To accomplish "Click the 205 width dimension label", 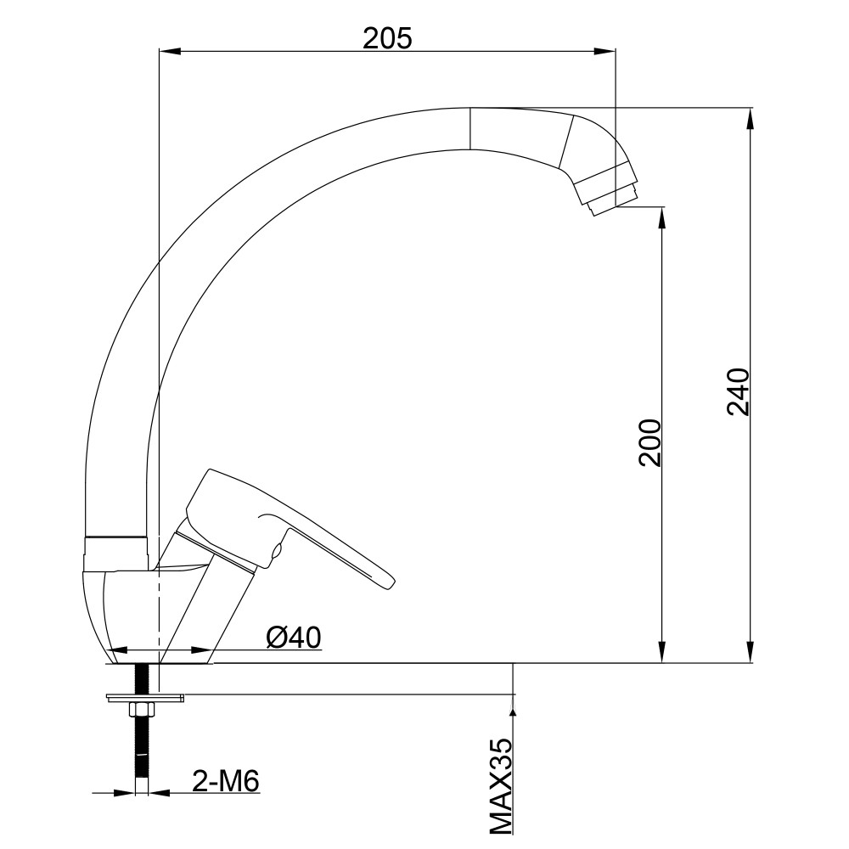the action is click(387, 39).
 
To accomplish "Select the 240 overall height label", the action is click(738, 391).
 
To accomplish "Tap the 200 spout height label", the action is click(649, 442).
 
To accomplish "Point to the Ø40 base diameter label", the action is click(294, 638).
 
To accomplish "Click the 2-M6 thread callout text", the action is click(226, 781).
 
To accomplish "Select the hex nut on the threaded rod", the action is click(143, 708).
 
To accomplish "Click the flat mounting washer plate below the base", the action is click(146, 697).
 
